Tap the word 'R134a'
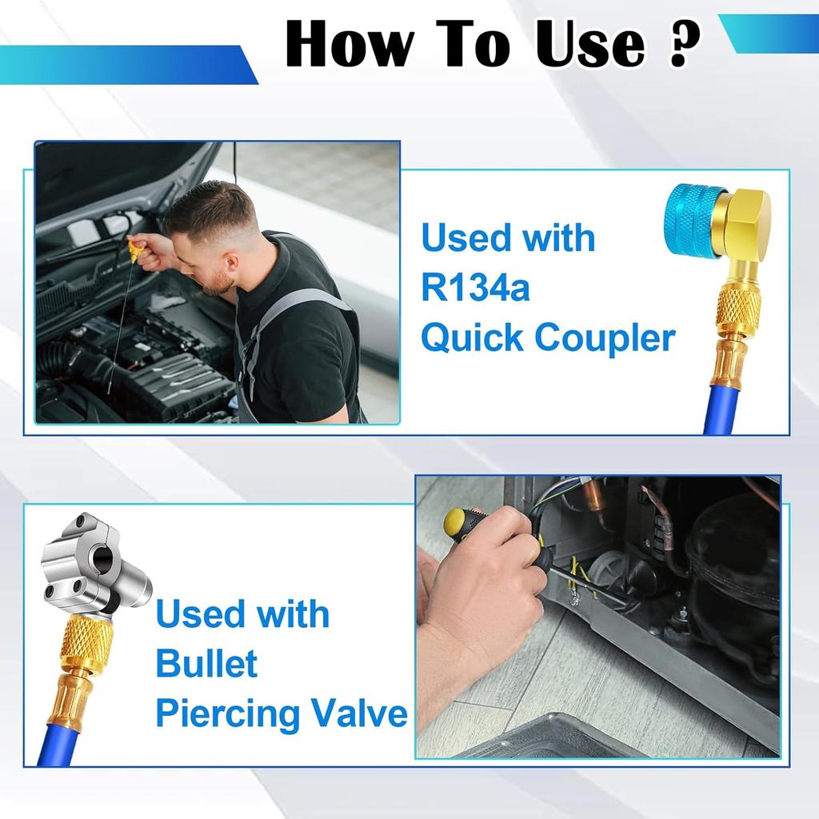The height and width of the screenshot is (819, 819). tap(475, 288)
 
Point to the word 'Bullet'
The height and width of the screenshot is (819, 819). tap(206, 664)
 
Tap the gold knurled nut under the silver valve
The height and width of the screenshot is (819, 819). tap(86, 644)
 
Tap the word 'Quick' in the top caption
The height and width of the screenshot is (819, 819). tap(473, 338)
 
